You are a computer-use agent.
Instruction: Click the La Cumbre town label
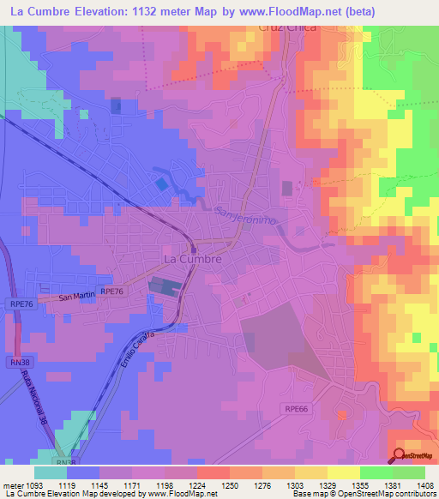click(x=193, y=258)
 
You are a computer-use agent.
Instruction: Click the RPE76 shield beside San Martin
click(x=113, y=292)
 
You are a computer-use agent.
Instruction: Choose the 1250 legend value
click(x=229, y=485)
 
